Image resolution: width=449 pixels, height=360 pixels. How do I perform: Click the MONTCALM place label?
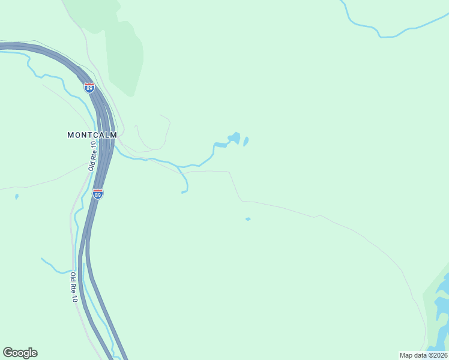point(92,135)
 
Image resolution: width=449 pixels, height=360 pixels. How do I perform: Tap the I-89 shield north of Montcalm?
point(89,88)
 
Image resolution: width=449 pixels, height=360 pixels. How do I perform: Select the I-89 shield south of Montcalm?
point(98,194)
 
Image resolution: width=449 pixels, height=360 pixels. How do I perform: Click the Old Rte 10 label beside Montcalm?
point(92,156)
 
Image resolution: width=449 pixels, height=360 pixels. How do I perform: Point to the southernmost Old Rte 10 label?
point(74,287)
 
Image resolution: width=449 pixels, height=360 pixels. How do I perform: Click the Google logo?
point(20,353)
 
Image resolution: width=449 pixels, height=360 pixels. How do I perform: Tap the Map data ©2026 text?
point(423,355)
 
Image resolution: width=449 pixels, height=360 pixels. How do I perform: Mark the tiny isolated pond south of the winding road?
point(248,219)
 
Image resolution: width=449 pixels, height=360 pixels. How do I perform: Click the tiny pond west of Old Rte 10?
point(16,196)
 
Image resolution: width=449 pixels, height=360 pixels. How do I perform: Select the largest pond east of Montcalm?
point(235,138)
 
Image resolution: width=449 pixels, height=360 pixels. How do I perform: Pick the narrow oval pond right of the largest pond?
point(246,142)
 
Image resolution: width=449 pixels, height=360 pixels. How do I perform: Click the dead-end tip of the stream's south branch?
point(182,193)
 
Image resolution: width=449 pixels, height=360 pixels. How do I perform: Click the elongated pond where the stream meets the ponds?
point(220,145)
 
